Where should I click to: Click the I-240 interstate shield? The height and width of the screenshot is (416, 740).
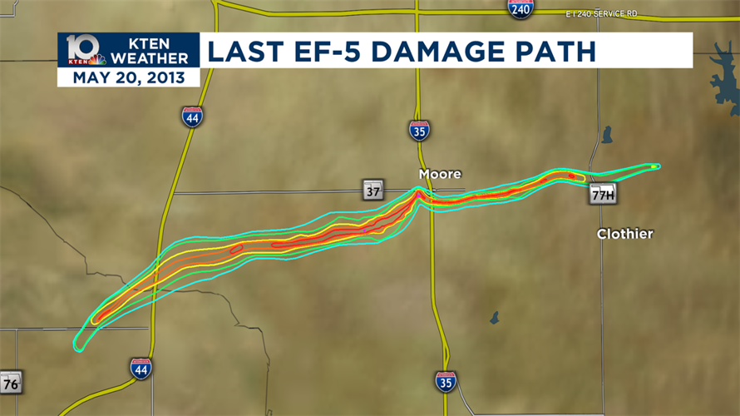[520, 8]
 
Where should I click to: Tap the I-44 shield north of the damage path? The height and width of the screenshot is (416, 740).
[192, 116]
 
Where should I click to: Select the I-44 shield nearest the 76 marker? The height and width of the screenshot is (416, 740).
[141, 368]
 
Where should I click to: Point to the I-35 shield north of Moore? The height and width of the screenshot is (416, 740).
[420, 130]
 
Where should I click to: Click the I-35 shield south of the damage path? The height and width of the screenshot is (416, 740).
[446, 382]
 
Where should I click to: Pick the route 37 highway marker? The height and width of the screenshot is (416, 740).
[372, 190]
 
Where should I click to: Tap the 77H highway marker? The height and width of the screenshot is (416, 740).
[603, 195]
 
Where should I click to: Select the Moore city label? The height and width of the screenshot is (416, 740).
[439, 174]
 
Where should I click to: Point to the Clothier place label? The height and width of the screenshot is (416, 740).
[624, 234]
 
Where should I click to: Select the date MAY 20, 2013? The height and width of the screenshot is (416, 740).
[129, 78]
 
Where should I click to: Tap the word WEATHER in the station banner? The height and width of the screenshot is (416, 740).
[150, 58]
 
